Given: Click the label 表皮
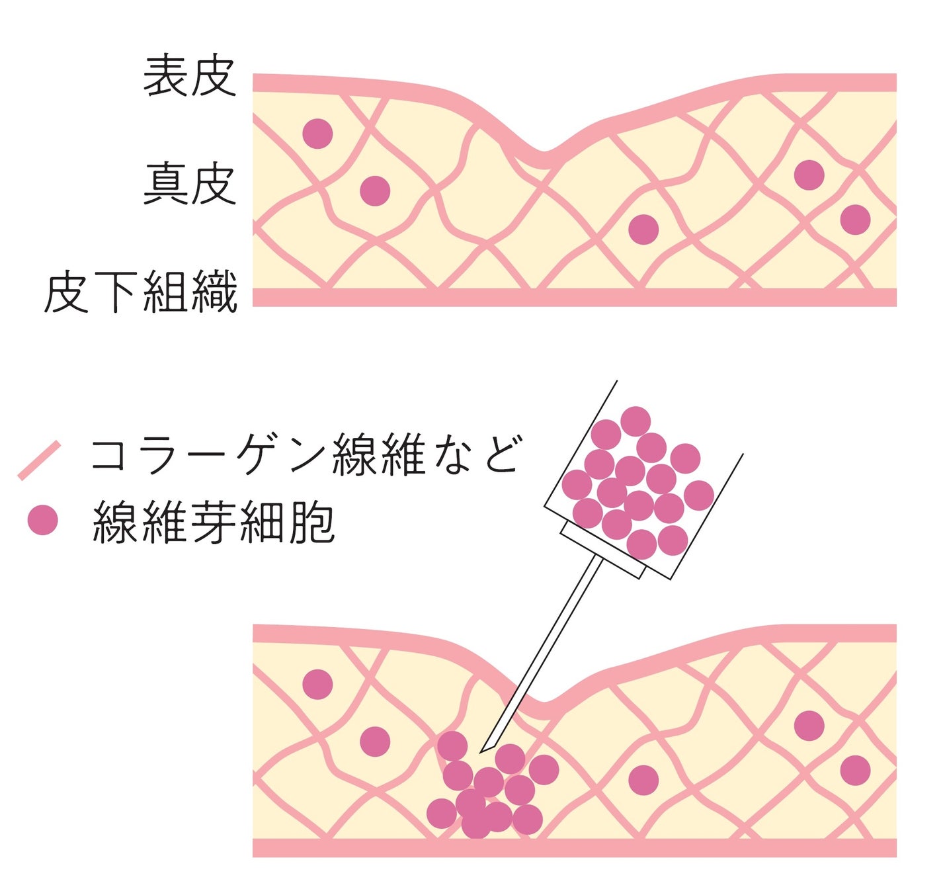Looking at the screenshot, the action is [x=189, y=75].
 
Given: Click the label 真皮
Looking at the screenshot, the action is [x=189, y=185].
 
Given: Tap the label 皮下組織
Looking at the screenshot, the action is [x=140, y=292].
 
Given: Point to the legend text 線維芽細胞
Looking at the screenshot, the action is [x=214, y=523].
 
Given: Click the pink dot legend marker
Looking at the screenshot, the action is [x=43, y=520].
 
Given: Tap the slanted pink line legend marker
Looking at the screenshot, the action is [x=39, y=460].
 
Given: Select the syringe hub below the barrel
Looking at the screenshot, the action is [x=602, y=549].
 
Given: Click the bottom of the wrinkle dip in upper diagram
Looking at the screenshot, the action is [x=543, y=157].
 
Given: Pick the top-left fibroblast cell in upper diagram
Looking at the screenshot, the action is [x=317, y=134].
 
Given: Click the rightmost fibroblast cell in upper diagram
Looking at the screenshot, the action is [x=855, y=220].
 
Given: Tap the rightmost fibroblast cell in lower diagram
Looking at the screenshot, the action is [x=855, y=771].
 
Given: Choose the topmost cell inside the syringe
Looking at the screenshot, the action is [x=635, y=421].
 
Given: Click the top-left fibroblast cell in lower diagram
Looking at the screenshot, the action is [x=317, y=684].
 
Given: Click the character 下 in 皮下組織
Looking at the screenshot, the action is [x=116, y=292].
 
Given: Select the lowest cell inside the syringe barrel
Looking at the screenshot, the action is [x=641, y=544].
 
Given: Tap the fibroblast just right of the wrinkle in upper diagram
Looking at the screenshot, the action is [x=643, y=230].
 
